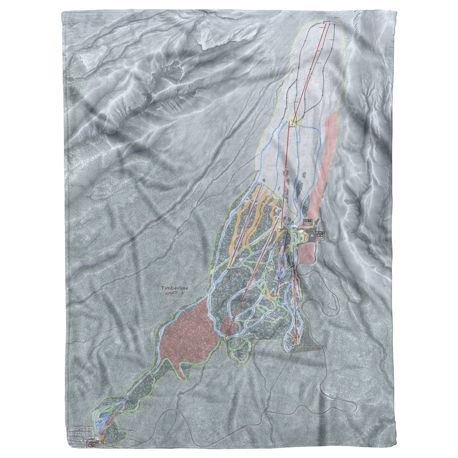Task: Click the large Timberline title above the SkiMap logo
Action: point(175,289)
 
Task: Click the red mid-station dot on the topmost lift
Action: point(311,69)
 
